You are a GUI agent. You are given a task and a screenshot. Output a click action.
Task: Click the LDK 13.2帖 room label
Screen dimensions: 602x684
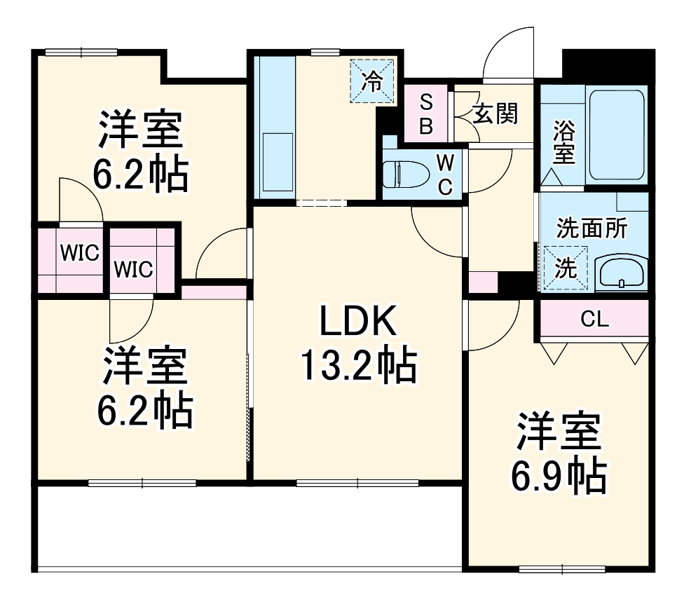coord(358,343)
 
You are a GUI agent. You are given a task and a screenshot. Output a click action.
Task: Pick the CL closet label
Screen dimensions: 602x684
coord(594,320)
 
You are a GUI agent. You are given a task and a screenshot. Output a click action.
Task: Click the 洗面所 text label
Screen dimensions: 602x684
coord(592,229)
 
